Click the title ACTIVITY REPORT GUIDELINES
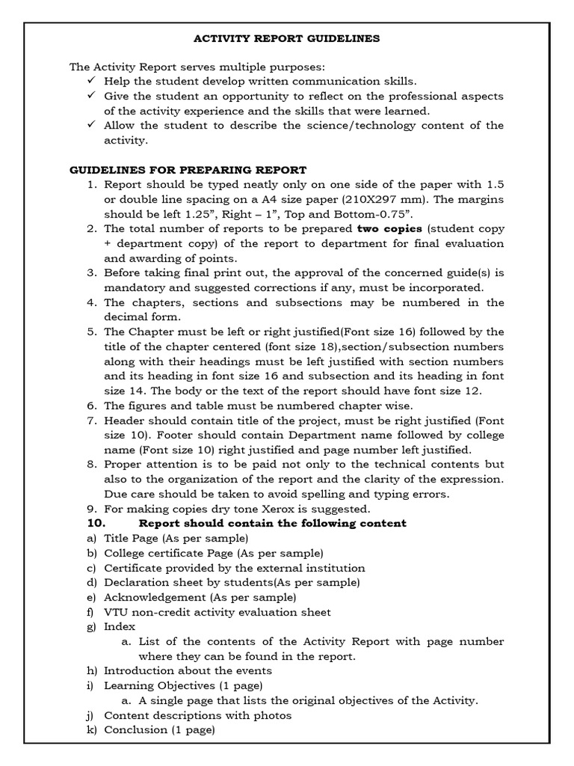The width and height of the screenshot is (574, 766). point(287,37)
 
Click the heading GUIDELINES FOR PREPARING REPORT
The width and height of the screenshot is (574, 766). point(188,170)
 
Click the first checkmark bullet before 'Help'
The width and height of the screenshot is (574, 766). point(92,81)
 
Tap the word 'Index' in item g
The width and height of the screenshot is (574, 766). point(120,627)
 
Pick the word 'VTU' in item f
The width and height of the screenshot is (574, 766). point(117,612)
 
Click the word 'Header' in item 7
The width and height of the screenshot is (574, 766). point(125,420)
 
